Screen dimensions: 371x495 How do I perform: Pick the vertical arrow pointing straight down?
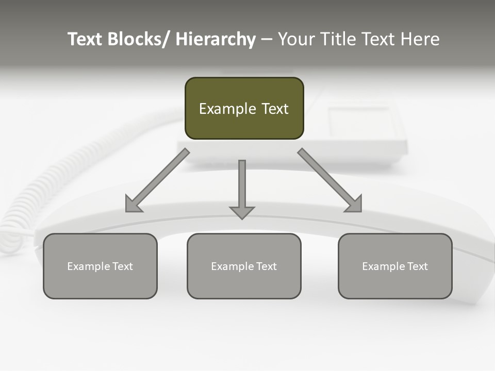click(242, 185)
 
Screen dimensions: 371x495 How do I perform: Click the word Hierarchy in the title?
click(216, 39)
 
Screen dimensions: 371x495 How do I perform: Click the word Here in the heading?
click(420, 39)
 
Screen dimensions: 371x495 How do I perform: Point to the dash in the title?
click(267, 40)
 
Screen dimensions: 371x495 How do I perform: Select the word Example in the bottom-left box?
click(88, 266)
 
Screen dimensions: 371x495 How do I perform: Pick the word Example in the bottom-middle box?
click(232, 266)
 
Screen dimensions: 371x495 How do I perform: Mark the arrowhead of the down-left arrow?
click(133, 205)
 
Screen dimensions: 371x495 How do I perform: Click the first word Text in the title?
click(86, 39)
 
